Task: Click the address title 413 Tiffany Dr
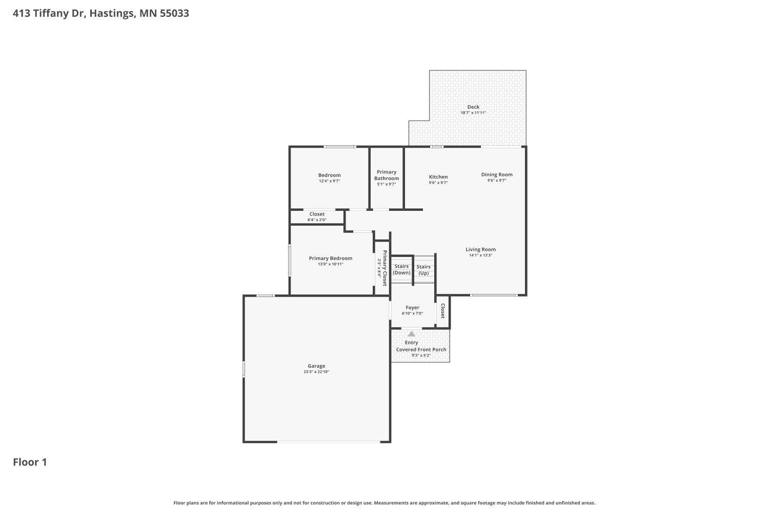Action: pos(100,13)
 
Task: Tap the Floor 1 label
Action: pos(30,462)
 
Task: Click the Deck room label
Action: pos(473,107)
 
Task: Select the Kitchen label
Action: pos(438,177)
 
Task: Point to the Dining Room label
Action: pos(497,174)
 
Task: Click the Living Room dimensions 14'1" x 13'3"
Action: pos(481,255)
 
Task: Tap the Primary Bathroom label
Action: pos(387,175)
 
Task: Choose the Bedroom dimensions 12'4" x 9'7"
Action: pos(329,181)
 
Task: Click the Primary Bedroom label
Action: pos(331,259)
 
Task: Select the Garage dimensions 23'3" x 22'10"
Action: pos(316,372)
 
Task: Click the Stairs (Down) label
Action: pos(401,269)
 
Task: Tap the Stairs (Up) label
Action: pos(423,270)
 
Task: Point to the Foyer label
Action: pos(412,308)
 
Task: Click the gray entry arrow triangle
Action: pos(411,334)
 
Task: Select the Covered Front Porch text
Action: pos(421,349)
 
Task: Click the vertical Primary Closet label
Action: pos(385,268)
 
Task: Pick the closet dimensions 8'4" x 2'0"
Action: pos(317,220)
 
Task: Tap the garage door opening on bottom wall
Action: pos(329,442)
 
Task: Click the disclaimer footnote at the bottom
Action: pos(384,503)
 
